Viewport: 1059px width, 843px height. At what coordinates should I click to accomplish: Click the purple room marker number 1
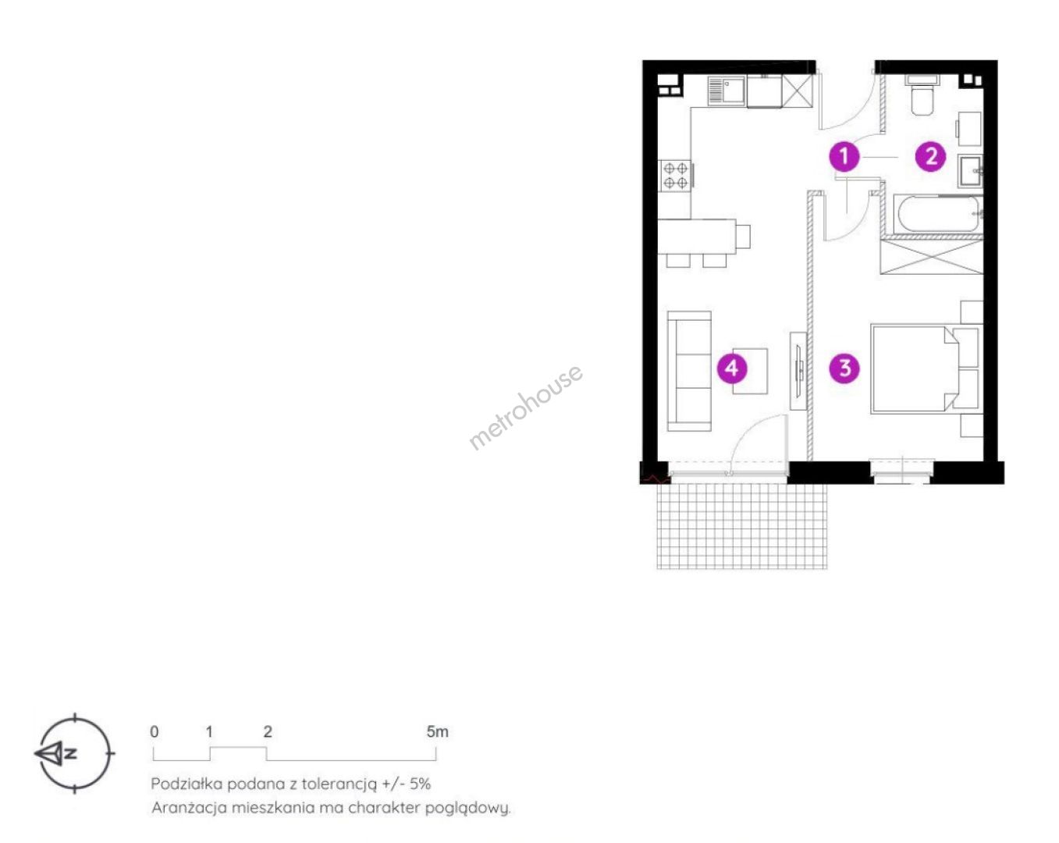(844, 156)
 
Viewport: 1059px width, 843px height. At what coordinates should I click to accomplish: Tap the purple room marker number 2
(930, 156)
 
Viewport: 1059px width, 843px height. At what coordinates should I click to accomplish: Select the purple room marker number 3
(844, 368)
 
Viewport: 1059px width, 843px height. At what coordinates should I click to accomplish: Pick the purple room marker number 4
(732, 368)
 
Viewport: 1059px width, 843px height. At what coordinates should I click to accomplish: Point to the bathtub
(938, 214)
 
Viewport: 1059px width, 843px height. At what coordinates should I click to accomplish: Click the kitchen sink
(727, 91)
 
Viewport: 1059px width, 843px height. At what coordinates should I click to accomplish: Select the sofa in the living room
(689, 371)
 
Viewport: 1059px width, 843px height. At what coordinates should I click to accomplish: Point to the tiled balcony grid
(742, 525)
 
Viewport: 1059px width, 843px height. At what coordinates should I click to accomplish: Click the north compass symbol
(74, 752)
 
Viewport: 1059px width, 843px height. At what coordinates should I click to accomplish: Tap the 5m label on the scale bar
(437, 732)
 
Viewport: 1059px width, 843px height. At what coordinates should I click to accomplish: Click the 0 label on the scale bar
(154, 732)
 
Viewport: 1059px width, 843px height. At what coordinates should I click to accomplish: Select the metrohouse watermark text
(525, 407)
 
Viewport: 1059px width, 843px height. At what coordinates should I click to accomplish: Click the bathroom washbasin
(970, 171)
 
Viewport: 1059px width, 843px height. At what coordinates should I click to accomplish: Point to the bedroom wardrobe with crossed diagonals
(931, 256)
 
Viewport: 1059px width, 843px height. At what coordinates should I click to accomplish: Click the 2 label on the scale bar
(267, 732)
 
